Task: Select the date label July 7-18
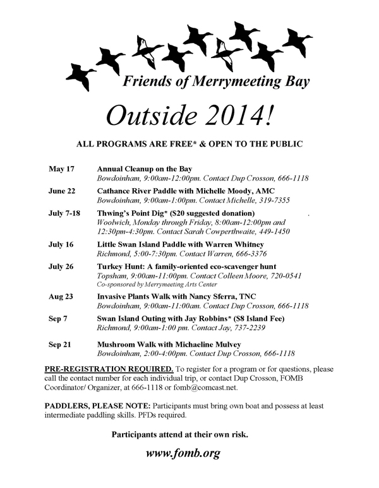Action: (65, 213)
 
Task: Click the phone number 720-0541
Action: (289, 276)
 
